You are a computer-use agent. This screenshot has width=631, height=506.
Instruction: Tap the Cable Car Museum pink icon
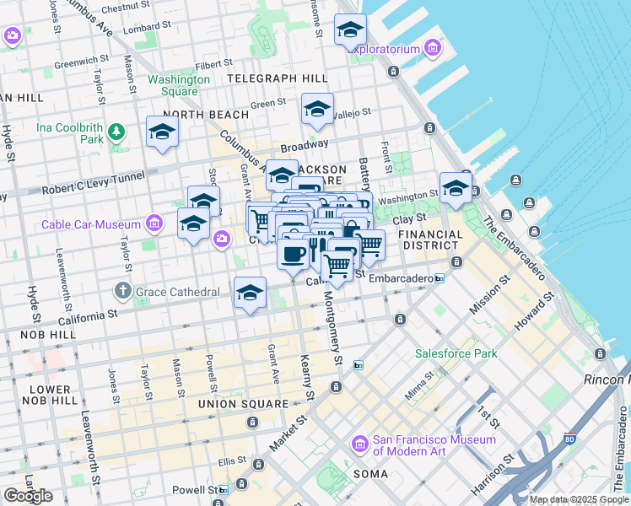point(154,223)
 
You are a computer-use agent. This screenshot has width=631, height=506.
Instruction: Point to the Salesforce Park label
point(456,353)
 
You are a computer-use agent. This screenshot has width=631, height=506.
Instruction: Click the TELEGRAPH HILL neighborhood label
point(278,78)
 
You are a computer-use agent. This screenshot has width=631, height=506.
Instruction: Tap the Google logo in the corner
point(28,496)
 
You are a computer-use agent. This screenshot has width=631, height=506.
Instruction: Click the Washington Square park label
point(179,85)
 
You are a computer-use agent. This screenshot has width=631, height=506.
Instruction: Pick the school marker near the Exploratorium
point(350,31)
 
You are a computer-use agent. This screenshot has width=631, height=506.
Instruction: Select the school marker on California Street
point(250,293)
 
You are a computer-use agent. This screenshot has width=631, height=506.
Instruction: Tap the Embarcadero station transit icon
point(439,278)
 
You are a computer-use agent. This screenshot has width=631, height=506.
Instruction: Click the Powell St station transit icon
point(223,489)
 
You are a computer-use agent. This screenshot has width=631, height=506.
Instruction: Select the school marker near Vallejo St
point(317,110)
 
